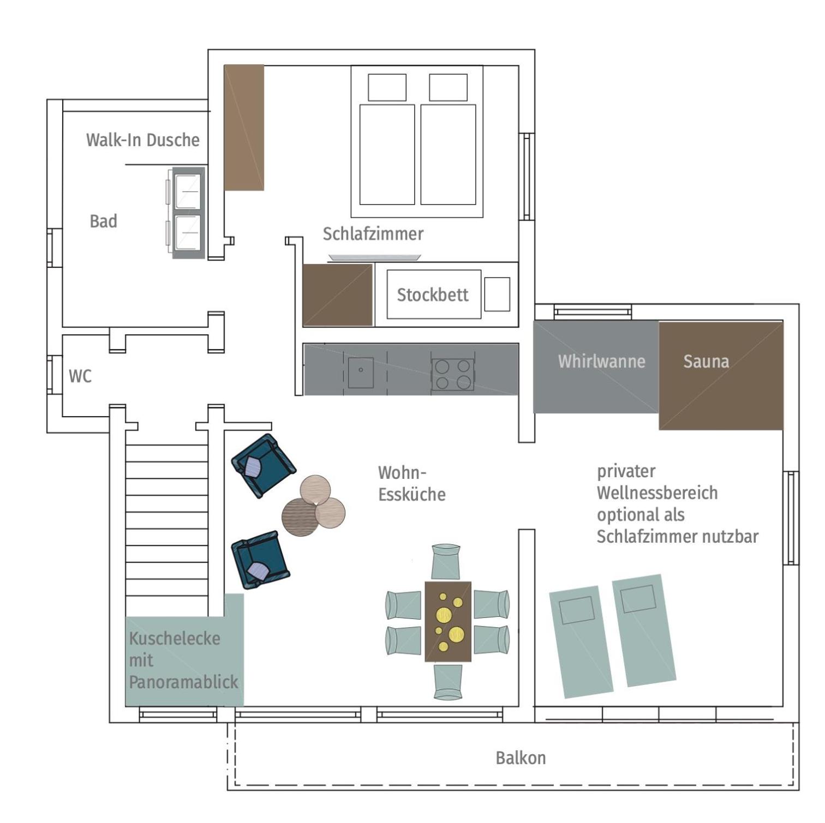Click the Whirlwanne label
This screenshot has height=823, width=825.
[601, 361]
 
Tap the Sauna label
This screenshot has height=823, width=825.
[706, 361]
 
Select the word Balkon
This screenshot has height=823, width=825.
[521, 758]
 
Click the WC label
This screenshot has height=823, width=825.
[80, 376]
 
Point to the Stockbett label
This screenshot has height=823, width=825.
[433, 295]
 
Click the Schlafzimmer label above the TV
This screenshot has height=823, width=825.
[373, 234]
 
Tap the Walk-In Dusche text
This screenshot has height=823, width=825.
[143, 140]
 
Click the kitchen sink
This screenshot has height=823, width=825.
[361, 373]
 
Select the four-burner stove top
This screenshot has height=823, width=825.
[453, 374]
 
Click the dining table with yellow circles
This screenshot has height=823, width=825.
[448, 621]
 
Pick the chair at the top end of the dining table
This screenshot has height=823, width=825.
[446, 561]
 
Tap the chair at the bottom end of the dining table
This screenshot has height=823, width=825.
[448, 681]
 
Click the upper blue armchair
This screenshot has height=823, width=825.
[264, 465]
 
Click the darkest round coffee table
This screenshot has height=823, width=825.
[300, 517]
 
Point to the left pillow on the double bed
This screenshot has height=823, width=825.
[387, 87]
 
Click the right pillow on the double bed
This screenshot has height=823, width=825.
[449, 87]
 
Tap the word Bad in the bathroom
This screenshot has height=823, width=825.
[104, 221]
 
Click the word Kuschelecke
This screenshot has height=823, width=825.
[175, 638]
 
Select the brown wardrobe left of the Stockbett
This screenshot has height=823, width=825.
[338, 295]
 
